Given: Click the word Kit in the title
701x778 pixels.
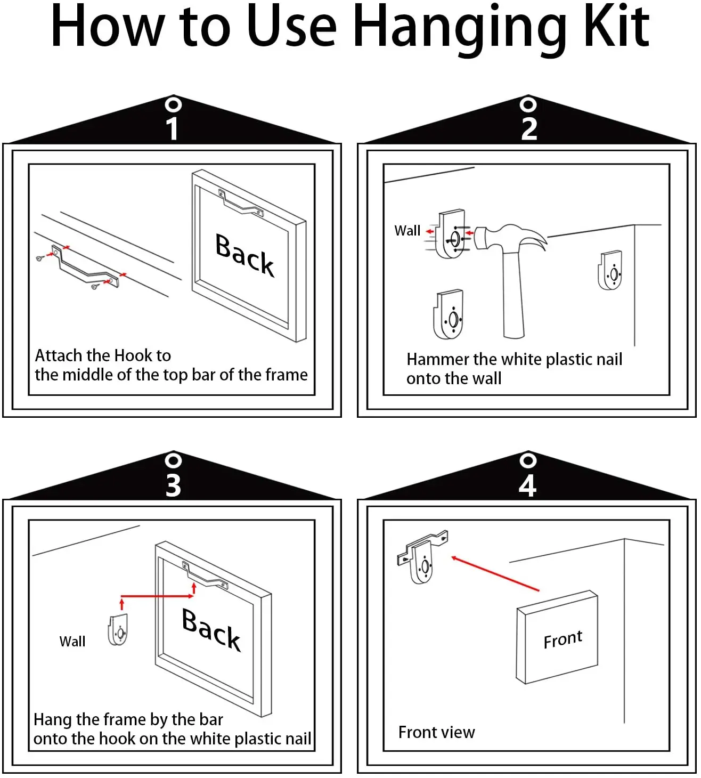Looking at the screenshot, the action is tap(616, 26).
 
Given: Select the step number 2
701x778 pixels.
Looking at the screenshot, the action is tap(529, 129).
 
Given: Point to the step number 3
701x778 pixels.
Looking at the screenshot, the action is tap(173, 485).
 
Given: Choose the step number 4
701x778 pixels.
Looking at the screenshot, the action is tap(528, 485).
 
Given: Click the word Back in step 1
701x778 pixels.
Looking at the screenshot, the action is tap(244, 254).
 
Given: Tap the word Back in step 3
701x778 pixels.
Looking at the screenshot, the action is tap(211, 629).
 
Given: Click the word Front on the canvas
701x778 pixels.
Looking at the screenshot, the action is tap(563, 639).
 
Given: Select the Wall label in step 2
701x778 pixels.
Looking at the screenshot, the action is tap(407, 231).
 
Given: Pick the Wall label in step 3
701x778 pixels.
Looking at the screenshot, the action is tap(72, 642).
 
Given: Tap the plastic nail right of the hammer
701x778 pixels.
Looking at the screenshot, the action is tap(610, 270).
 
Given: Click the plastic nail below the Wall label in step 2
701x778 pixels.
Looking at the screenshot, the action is tap(448, 314).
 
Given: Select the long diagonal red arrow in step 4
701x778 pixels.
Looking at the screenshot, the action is tap(495, 573).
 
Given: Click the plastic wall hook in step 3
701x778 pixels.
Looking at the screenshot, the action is tap(118, 630).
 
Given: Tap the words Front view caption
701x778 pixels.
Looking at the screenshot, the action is tap(436, 732).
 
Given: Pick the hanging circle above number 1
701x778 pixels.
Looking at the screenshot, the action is tap(173, 105).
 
